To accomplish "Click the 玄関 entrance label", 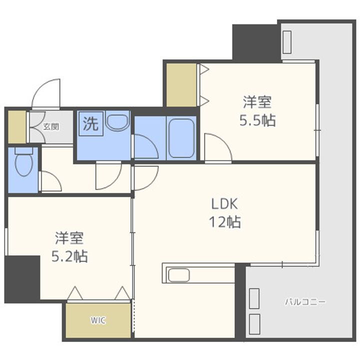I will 50,126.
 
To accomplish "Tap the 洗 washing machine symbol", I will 90,123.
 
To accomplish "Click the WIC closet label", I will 98,320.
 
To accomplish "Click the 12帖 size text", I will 225,220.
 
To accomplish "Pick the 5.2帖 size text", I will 70,256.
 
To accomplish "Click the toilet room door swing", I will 50,181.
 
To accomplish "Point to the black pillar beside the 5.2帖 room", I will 22,278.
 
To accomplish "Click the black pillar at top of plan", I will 255,41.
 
